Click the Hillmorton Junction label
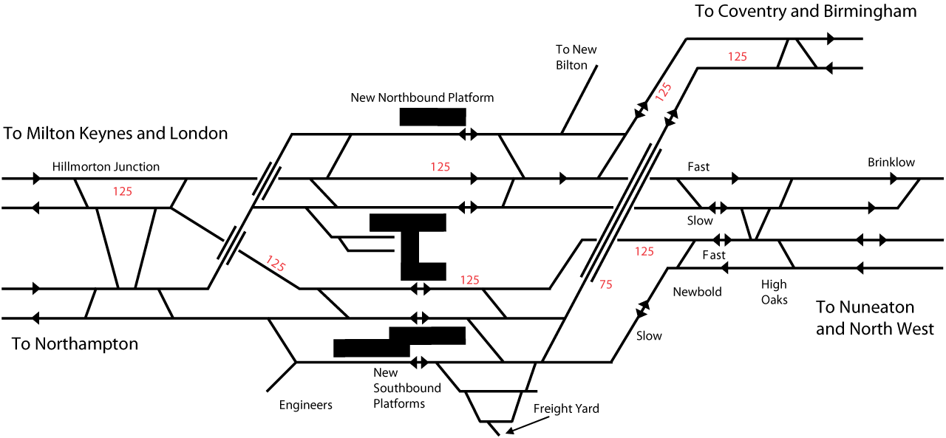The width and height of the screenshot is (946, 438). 106,167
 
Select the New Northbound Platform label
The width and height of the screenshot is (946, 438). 422,97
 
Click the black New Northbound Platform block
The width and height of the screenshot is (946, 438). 432,117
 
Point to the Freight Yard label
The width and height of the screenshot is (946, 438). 566,408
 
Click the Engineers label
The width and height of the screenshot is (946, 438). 306,405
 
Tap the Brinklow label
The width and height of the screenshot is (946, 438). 891,162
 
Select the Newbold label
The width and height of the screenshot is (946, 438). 697,292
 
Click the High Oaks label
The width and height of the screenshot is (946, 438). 775,292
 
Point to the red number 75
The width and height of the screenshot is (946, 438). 606,284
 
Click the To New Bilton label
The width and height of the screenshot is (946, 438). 576,57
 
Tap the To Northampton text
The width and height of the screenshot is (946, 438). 75,344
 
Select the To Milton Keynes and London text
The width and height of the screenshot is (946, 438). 116,134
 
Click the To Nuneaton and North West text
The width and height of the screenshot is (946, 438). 874,318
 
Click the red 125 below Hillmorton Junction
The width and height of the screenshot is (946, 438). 123,191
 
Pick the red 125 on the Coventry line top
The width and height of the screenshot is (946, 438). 738,56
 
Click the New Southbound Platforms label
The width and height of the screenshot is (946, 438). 406,389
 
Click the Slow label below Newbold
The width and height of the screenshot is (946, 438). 649,336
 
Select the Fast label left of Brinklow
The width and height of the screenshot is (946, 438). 698,167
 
